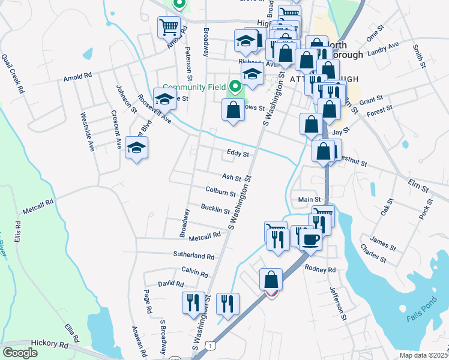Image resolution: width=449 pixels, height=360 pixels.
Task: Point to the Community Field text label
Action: pos(194,87)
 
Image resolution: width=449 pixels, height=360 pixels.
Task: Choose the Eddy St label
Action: pos(238,154)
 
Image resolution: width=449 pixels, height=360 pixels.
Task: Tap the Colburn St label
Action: pos(220,192)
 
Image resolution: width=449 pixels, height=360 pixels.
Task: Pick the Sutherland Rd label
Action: pos(193,256)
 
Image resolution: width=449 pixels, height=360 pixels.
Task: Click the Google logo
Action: pos(20,353)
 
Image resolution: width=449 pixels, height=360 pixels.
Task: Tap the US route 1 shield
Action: pos(209,346)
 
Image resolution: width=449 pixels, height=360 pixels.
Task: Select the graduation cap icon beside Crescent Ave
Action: pos(137,148)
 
